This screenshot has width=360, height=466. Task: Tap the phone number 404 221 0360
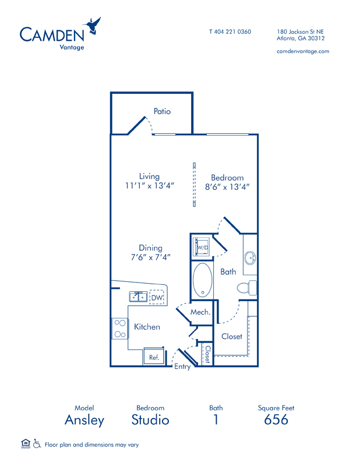(x=230, y=31)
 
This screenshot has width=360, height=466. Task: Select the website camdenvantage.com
(x=302, y=51)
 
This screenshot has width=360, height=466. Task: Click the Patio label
(x=162, y=111)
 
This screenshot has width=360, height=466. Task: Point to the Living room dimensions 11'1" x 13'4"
(x=150, y=186)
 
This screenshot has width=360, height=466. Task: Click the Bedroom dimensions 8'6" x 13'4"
(x=228, y=187)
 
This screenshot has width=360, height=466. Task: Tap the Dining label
(x=150, y=248)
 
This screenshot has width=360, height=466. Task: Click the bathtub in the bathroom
(x=203, y=280)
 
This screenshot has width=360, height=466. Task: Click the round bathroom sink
(x=250, y=257)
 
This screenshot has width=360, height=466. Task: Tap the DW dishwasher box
(x=157, y=298)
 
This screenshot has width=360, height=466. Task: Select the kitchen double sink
(x=139, y=296)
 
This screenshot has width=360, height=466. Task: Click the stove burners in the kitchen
(x=120, y=329)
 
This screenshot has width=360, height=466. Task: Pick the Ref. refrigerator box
(x=154, y=357)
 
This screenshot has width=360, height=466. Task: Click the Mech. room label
(x=200, y=312)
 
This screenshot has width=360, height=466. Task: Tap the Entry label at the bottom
(x=182, y=367)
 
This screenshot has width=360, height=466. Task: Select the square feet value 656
(x=276, y=419)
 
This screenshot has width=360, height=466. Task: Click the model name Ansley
(x=84, y=419)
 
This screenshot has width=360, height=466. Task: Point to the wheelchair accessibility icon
(x=37, y=444)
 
